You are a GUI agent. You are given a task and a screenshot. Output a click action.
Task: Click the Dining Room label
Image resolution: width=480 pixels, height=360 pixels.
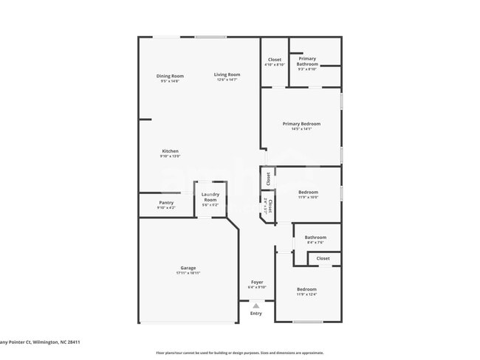click(170, 76)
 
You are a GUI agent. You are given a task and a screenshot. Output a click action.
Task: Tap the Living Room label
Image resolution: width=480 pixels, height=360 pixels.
click(227, 75)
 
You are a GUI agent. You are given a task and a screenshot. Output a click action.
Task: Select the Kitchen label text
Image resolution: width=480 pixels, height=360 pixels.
click(170, 151)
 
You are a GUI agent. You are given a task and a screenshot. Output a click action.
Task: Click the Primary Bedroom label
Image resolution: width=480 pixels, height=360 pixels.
click(301, 123)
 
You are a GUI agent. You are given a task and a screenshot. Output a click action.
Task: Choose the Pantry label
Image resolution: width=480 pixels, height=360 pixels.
click(166, 203)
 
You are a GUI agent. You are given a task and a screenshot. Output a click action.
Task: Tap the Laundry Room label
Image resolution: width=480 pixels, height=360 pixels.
click(210, 197)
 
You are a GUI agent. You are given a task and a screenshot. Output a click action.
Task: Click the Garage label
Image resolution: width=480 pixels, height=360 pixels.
click(188, 268)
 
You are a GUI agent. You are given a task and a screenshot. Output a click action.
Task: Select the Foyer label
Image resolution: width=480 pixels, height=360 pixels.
click(257, 282)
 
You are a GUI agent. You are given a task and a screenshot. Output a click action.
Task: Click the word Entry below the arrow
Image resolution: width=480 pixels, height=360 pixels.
click(256, 314)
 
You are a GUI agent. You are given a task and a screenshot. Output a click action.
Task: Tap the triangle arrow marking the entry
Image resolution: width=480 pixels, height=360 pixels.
click(256, 305)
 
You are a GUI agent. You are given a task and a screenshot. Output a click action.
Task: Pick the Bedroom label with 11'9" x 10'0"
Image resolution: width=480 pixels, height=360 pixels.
click(307, 192)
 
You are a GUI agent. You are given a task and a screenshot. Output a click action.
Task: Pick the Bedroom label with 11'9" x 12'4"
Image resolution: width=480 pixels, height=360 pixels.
click(306, 289)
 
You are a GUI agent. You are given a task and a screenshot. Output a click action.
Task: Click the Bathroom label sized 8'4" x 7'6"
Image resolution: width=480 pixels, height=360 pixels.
click(315, 238)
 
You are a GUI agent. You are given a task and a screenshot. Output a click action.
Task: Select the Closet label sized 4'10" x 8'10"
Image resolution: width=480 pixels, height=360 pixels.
click(275, 60)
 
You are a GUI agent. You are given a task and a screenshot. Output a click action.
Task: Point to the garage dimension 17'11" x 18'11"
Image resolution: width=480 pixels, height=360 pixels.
click(188, 273)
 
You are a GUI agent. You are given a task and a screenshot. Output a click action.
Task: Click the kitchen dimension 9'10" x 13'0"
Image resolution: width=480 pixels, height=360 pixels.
click(170, 156)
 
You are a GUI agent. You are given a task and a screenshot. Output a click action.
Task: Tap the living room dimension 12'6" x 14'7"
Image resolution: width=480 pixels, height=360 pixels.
click(227, 80)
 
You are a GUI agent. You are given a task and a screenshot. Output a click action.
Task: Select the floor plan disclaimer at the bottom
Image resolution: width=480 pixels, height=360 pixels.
click(239, 353)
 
